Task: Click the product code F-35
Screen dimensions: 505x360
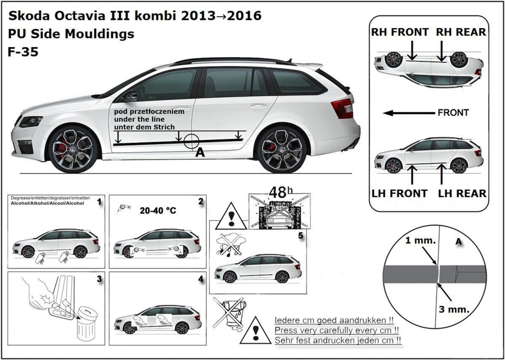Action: [x=23, y=52]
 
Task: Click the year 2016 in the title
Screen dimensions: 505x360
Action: [x=244, y=16]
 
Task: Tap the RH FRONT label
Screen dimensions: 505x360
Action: [x=400, y=32]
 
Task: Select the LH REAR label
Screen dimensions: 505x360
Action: [x=462, y=194]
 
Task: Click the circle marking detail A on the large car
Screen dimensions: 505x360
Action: [x=191, y=141]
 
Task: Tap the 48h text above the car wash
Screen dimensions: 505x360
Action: [x=281, y=192]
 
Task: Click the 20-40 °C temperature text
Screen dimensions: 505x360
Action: [x=158, y=211]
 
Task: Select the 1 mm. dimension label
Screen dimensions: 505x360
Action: [x=420, y=240]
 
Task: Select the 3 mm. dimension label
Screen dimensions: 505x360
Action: [x=454, y=309]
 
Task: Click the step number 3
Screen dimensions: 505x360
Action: [x=99, y=279]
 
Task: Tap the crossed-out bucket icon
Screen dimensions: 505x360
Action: [x=229, y=314]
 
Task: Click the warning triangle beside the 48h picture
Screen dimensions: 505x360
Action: [x=231, y=216]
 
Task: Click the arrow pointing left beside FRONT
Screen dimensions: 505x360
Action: [x=409, y=113]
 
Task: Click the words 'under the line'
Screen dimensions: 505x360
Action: [x=139, y=119]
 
